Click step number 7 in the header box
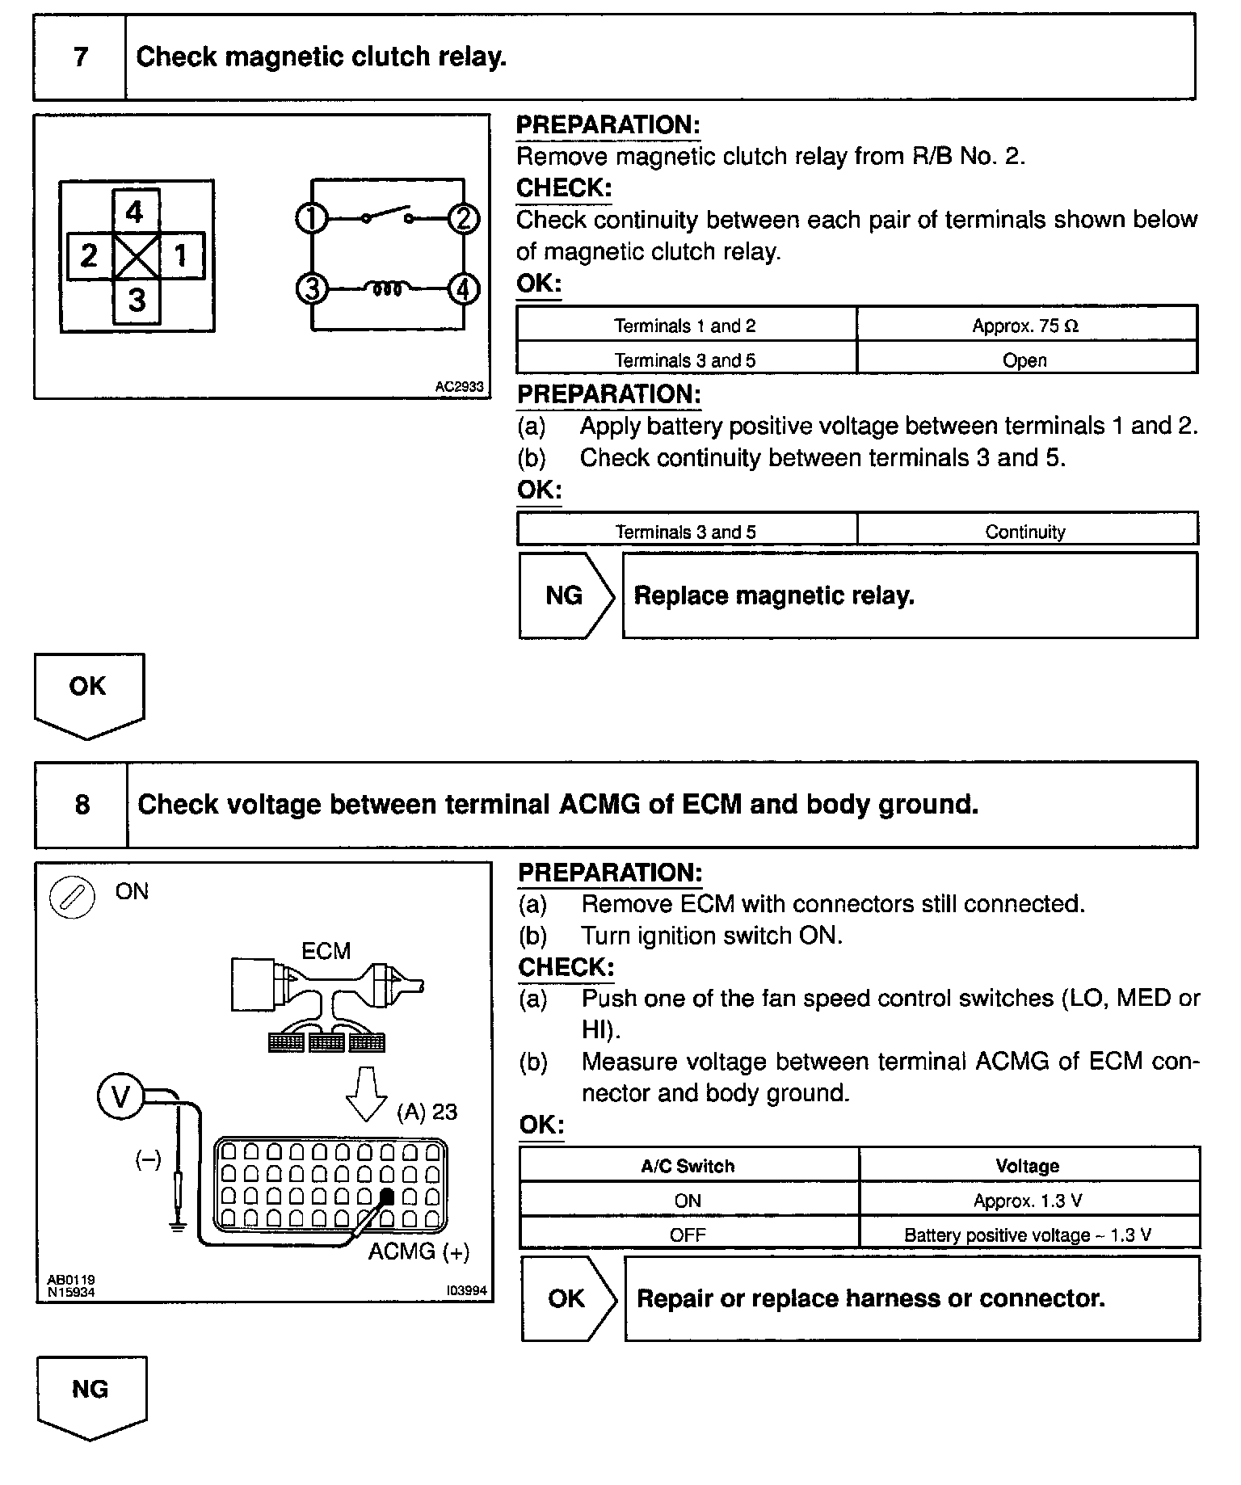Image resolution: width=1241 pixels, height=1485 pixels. pyautogui.click(x=80, y=57)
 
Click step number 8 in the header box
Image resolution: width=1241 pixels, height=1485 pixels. pyautogui.click(x=82, y=805)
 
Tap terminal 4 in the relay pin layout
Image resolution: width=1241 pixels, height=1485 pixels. pyautogui.click(x=134, y=212)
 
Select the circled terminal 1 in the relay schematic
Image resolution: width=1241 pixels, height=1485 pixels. pyautogui.click(x=311, y=219)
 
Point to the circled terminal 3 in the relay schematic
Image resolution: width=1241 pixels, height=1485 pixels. pyautogui.click(x=312, y=288)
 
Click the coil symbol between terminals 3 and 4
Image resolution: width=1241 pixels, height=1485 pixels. pyautogui.click(x=387, y=288)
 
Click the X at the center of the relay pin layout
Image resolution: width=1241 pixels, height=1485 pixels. pyautogui.click(x=137, y=257)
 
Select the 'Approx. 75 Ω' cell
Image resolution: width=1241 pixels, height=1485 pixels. pyautogui.click(x=1025, y=326)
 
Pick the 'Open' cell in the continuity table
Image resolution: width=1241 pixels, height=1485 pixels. pyautogui.click(x=1024, y=360)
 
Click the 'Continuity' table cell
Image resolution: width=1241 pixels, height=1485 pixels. pyautogui.click(x=1025, y=532)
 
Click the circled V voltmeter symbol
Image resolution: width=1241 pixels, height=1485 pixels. pyautogui.click(x=120, y=1097)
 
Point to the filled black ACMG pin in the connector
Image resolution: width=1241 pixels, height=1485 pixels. pyautogui.click(x=387, y=1196)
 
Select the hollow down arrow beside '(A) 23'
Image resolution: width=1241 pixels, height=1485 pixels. pyautogui.click(x=366, y=1093)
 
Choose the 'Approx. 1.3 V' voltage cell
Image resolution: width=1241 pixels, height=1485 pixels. pyautogui.click(x=1028, y=1201)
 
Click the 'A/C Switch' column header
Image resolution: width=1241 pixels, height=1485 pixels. pyautogui.click(x=688, y=1166)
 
